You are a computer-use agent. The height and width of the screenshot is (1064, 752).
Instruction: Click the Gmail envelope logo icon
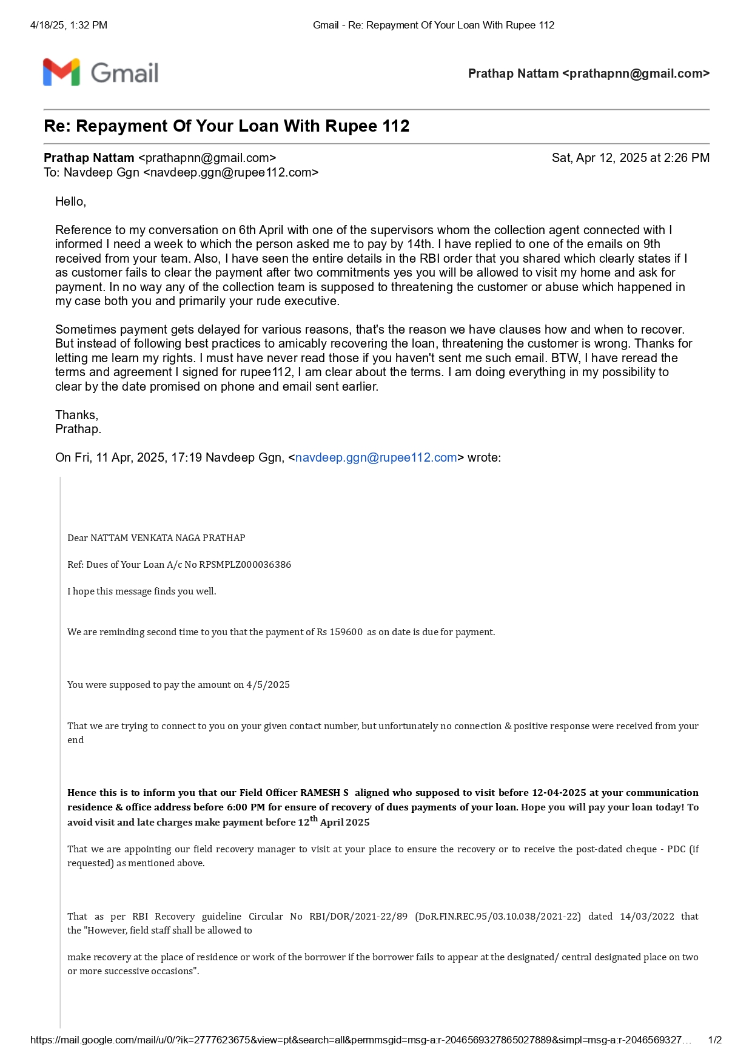point(61,72)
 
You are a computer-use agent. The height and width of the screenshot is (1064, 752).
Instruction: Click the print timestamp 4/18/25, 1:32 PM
point(69,25)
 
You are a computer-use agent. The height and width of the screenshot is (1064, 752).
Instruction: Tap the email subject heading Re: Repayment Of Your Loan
point(226,126)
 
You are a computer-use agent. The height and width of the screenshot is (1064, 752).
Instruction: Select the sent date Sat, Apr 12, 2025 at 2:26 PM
point(630,158)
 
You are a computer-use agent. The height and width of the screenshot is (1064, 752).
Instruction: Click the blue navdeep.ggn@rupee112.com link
point(376,457)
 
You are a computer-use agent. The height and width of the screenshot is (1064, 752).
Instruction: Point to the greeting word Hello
point(70,201)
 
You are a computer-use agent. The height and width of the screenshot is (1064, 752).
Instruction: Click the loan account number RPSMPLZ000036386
point(245,564)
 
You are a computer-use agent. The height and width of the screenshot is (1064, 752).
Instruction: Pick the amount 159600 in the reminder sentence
point(346,631)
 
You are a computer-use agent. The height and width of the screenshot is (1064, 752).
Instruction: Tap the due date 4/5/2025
point(268,684)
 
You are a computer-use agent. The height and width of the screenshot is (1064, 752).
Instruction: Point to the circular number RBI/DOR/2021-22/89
point(358,916)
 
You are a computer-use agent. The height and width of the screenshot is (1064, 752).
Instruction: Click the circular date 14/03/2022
point(646,916)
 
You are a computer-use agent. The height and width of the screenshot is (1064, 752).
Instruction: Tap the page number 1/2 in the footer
point(714,1040)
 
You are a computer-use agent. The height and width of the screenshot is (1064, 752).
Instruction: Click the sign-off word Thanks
point(76,415)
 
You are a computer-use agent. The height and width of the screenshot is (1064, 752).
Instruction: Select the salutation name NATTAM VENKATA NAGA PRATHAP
point(167,537)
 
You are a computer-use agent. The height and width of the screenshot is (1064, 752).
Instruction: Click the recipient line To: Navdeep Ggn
point(181,172)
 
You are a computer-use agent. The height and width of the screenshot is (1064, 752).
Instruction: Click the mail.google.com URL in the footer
point(360,1040)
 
